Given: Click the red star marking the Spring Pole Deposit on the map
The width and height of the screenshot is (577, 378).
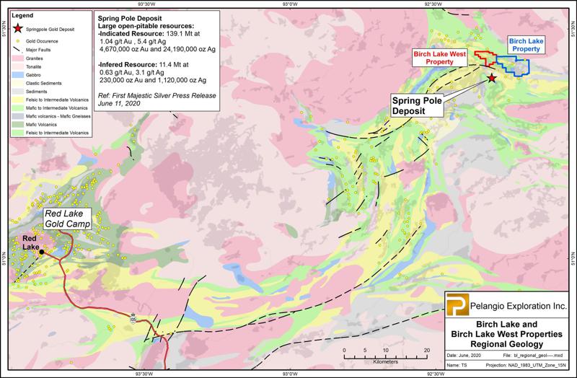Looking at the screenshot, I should [x=492, y=77].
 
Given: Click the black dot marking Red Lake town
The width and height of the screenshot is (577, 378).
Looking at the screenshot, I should [x=42, y=252].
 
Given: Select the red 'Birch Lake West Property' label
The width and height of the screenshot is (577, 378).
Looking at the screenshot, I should [x=439, y=58].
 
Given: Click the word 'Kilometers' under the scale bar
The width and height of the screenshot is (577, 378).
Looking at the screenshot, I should [x=386, y=359].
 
